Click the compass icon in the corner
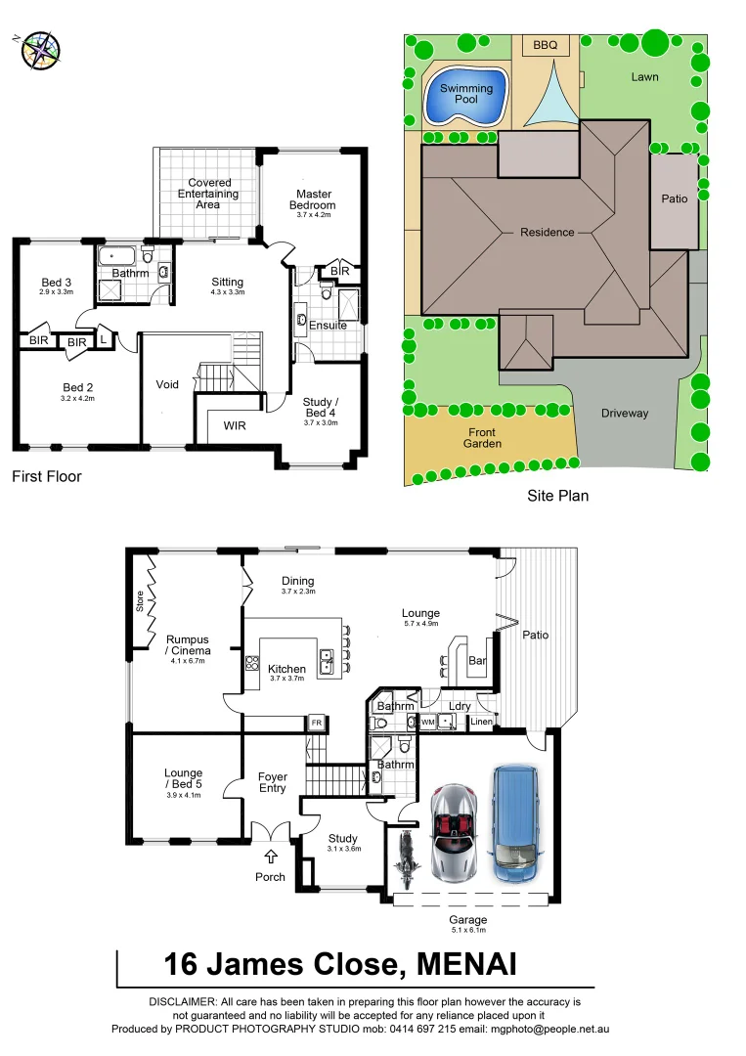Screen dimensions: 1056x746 click(x=40, y=50)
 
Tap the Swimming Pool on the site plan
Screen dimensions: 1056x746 click(x=465, y=96)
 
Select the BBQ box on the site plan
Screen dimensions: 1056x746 click(x=545, y=45)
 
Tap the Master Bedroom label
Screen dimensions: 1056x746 click(x=312, y=199)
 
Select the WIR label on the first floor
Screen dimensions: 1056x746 click(x=235, y=425)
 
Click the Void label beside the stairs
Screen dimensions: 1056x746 click(x=167, y=384)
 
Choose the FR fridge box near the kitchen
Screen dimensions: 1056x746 click(x=316, y=723)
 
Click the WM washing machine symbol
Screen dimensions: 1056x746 click(x=428, y=722)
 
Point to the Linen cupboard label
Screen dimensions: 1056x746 click(x=481, y=722)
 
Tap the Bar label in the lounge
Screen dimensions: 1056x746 click(x=477, y=661)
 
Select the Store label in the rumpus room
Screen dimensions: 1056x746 click(x=140, y=601)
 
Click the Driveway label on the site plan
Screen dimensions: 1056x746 click(x=624, y=413)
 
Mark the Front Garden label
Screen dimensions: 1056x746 click(x=482, y=438)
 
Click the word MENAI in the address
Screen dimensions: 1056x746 click(x=466, y=964)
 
